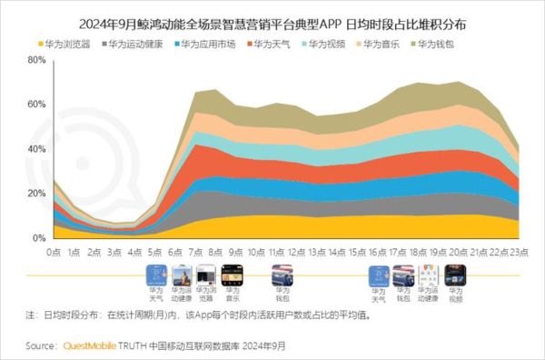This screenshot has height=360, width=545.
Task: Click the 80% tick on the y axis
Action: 36,60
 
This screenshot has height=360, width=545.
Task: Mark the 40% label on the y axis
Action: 36,149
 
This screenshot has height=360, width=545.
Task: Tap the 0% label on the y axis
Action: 39,238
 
